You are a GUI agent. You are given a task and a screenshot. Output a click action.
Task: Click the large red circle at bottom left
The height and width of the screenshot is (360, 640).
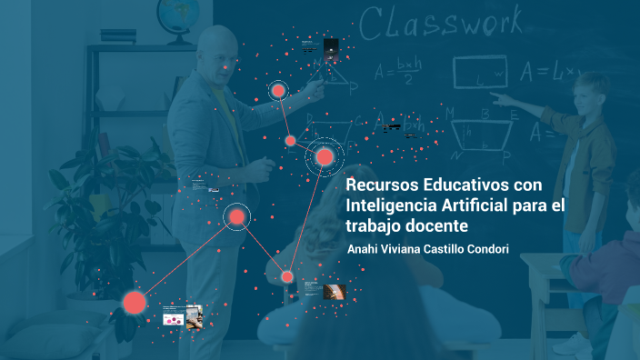135,302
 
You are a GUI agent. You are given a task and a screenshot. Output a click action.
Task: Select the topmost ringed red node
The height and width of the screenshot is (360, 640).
278,90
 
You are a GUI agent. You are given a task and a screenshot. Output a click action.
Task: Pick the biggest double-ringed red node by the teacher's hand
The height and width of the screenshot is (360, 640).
325,158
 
